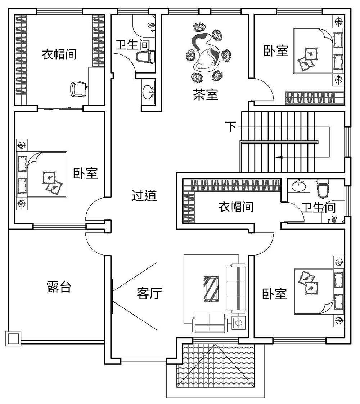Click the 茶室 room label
click(x=205, y=95)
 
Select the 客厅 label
click(x=149, y=293)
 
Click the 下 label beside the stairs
click(x=231, y=127)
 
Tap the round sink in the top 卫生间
click(x=148, y=92)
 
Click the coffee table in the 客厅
click(x=211, y=288)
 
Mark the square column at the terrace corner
click(x=13, y=338)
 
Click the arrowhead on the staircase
click(x=278, y=157)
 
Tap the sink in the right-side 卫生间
click(x=298, y=186)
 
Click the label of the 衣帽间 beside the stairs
click(x=236, y=207)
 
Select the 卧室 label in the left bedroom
click(x=85, y=173)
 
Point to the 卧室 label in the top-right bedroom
click(x=276, y=50)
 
